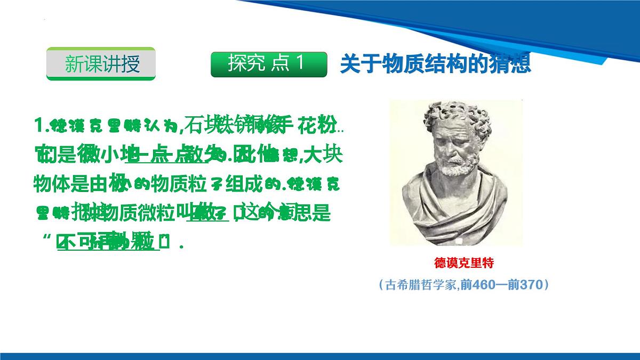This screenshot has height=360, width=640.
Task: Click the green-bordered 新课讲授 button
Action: [x=101, y=64]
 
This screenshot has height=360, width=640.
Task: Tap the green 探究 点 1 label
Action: [x=268, y=64]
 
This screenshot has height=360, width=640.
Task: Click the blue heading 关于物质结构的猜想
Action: [x=435, y=64]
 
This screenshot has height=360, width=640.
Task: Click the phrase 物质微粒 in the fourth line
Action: [x=144, y=214]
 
